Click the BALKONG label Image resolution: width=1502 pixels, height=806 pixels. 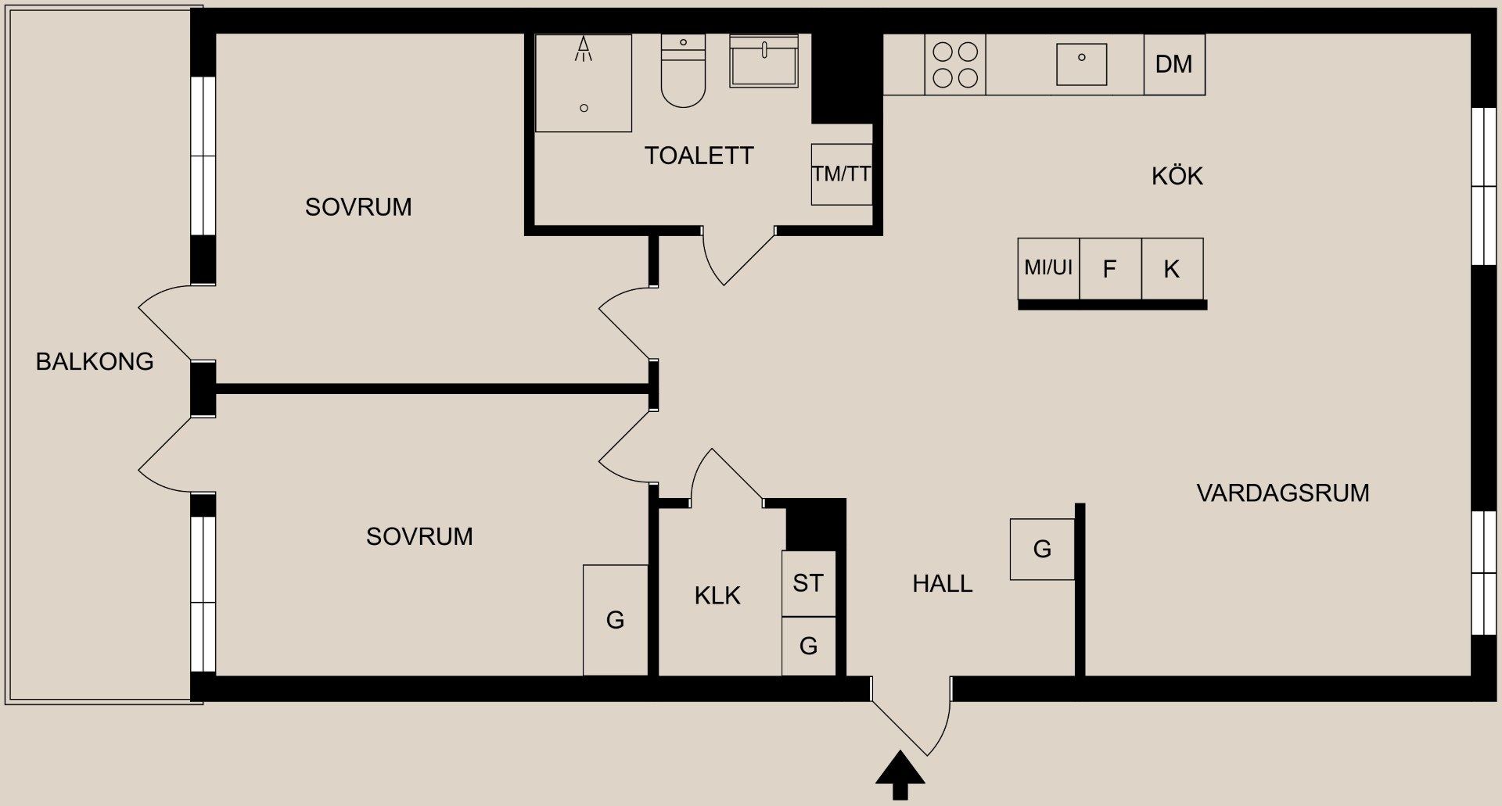click(x=95, y=361)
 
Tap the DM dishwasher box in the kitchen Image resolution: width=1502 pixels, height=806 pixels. click(x=1173, y=64)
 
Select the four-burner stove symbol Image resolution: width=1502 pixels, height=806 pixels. click(x=955, y=65)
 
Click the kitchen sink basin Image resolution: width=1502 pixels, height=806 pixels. click(x=1081, y=64)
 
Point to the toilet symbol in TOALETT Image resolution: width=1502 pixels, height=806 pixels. click(x=683, y=72)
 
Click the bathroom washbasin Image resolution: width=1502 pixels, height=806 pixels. click(x=764, y=61)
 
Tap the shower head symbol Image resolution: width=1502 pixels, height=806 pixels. click(x=584, y=49)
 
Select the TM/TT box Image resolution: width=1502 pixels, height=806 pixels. click(x=841, y=174)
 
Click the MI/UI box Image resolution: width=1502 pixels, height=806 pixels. click(x=1048, y=268)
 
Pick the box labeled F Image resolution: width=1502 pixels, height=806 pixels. click(x=1109, y=269)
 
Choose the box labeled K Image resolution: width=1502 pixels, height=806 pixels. click(x=1171, y=269)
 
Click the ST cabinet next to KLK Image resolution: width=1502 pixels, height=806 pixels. click(x=808, y=583)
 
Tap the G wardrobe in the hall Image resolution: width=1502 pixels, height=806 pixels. click(x=1042, y=549)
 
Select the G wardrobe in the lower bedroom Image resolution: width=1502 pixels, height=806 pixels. click(x=615, y=620)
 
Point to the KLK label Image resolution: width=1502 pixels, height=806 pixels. click(x=717, y=596)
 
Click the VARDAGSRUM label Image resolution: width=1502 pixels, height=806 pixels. click(x=1282, y=493)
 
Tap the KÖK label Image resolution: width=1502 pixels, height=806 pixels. click(x=1177, y=176)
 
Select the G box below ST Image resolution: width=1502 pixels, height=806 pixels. click(x=808, y=646)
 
